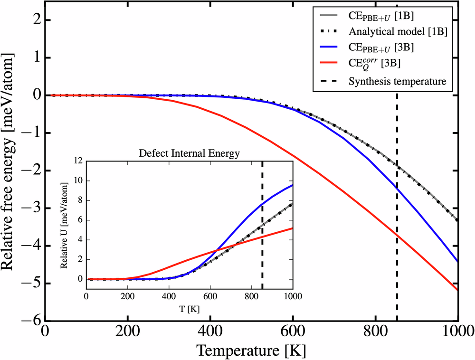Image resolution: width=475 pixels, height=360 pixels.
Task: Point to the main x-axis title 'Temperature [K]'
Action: tap(251, 351)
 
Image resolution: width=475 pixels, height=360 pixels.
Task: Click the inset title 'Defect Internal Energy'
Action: tap(189, 154)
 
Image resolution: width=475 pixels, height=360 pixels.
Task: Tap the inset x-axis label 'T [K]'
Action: tap(189, 309)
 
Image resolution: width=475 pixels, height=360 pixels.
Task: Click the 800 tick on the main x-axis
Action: tap(375, 331)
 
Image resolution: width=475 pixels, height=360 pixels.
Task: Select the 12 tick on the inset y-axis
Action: tap(78, 161)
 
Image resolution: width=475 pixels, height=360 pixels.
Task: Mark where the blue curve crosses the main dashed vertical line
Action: tap(397, 189)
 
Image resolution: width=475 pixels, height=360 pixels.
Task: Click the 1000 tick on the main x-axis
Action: tap(457, 331)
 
